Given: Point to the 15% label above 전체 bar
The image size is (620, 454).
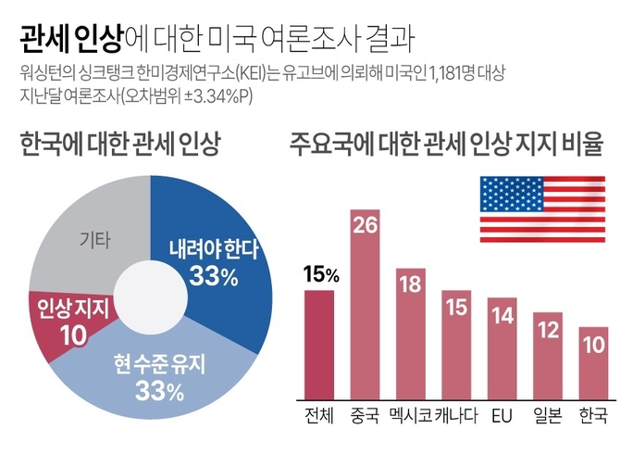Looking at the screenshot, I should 321,274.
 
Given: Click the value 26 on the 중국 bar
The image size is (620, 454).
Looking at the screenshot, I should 365,225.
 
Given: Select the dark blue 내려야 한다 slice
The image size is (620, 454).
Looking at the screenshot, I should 217,250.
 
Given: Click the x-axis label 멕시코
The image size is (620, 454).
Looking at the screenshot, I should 411,411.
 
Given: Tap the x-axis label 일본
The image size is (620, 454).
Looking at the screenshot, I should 548,411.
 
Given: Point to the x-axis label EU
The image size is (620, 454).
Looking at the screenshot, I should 502,411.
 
